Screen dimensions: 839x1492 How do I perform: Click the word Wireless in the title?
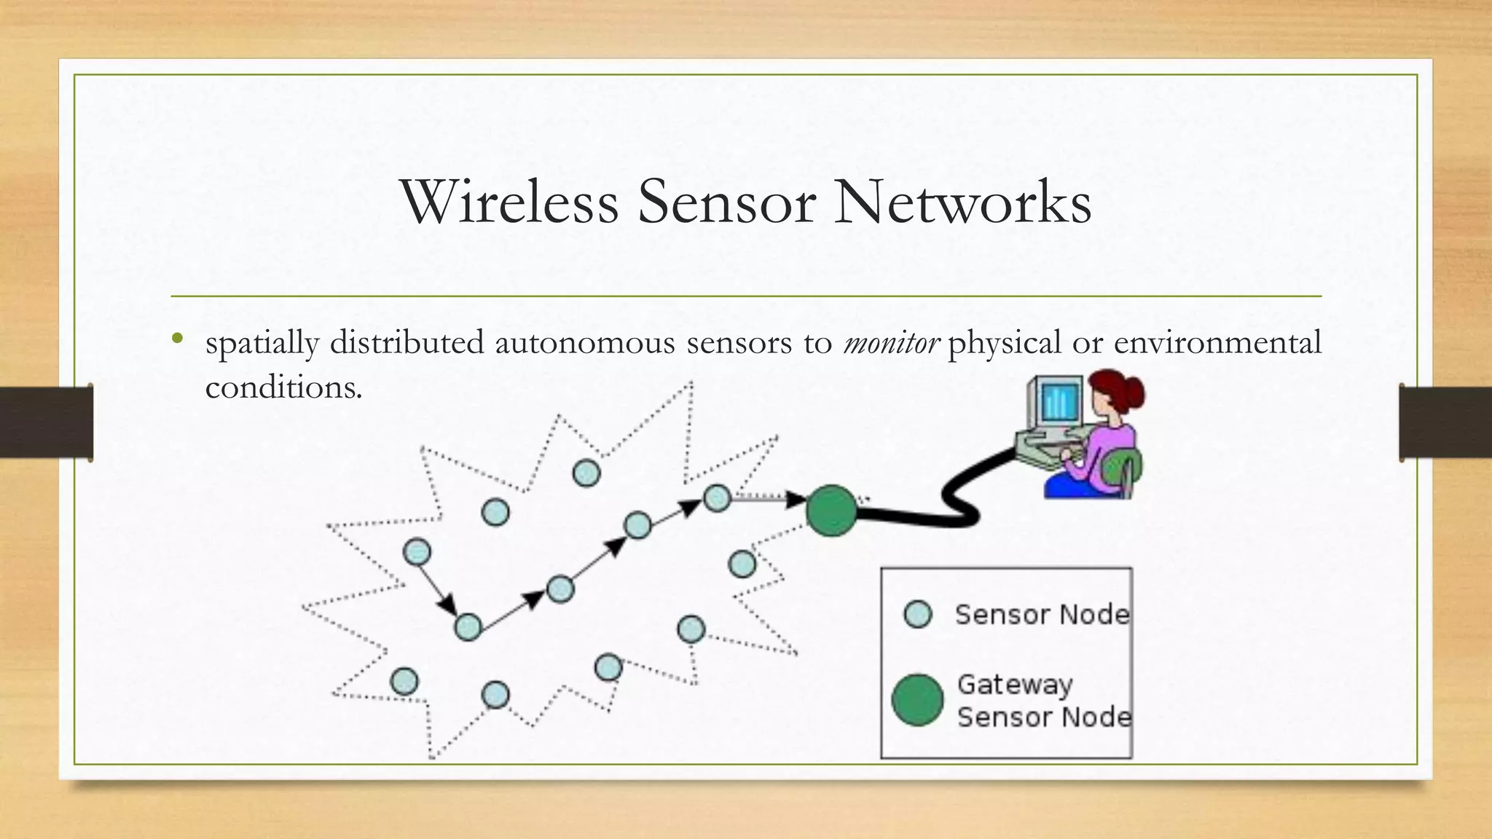pos(509,202)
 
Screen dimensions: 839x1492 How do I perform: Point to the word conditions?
pos(283,387)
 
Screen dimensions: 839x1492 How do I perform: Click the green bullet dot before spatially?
pos(177,338)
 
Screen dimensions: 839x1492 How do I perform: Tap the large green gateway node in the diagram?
pos(831,511)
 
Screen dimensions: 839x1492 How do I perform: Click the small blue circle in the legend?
pos(917,614)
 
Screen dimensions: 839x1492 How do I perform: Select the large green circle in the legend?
pos(917,700)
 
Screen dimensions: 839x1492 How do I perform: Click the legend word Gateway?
pos(1014,685)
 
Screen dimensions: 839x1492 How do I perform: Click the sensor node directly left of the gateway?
pos(717,498)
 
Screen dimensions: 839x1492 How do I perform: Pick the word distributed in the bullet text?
pos(407,342)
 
